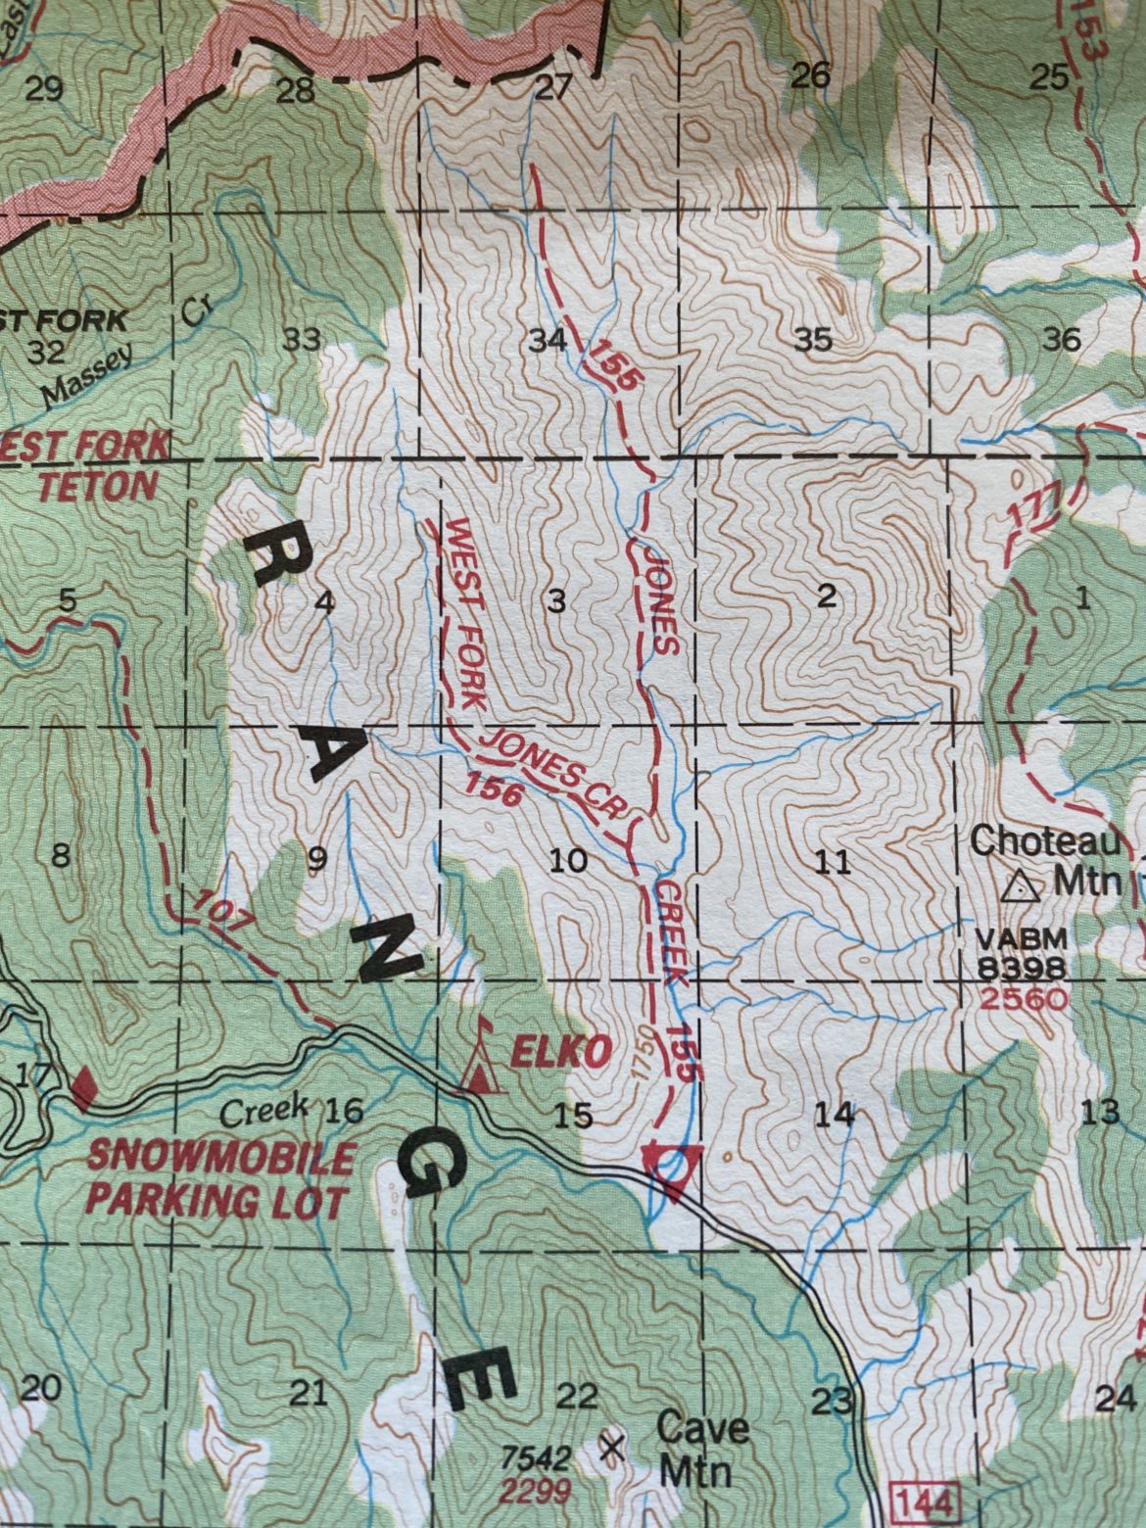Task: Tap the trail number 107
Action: [222, 910]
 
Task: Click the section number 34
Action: [547, 341]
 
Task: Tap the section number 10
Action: [568, 861]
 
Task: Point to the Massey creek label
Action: [85, 379]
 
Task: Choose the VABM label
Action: [1007, 938]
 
